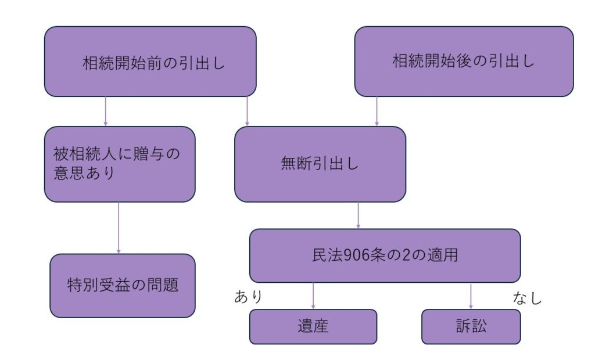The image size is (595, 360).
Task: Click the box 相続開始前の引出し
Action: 150,61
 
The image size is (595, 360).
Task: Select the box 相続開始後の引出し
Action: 464,61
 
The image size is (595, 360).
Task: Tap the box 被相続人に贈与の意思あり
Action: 120,164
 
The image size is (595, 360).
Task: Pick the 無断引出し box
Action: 320,164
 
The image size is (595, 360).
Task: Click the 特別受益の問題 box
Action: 123,285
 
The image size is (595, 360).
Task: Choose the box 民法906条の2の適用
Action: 385,255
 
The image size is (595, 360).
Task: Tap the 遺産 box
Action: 313,326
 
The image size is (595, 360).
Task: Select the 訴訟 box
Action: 471,326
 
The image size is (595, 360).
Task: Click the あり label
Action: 249,297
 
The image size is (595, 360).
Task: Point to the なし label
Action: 527,298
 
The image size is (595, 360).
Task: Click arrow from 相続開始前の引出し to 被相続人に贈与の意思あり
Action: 106,111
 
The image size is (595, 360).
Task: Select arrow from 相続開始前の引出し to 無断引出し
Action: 248,111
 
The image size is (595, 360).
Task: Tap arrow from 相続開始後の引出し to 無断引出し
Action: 377,111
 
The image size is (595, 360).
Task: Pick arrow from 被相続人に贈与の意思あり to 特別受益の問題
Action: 119,228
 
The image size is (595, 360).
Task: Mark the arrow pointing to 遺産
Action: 313,296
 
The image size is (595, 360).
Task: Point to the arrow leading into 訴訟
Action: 471,296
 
